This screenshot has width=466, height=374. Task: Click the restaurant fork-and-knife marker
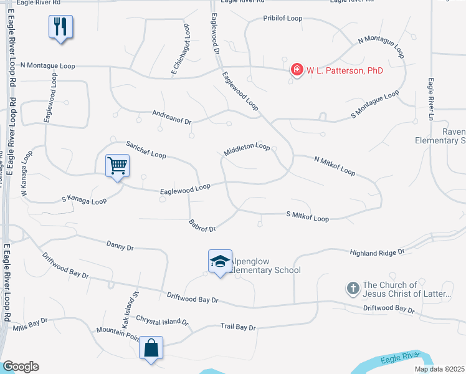pos(60,27)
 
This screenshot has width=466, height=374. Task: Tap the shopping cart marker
pos(117,166)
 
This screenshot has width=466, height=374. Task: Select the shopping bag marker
pos(152,348)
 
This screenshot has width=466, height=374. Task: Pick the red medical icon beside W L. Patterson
pos(297,70)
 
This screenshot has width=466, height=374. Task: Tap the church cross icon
pos(353,288)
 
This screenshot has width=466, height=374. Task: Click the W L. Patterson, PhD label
pos(345,70)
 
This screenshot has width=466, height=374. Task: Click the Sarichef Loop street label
pos(146,150)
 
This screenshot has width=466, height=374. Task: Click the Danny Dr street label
pos(120,247)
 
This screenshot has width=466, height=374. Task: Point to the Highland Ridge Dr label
pos(378,252)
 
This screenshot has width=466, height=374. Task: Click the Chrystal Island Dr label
pos(162,320)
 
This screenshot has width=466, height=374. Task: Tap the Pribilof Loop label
pos(283,19)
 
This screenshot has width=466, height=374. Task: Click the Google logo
pos(21,367)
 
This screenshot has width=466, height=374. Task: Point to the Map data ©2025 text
pos(439,369)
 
